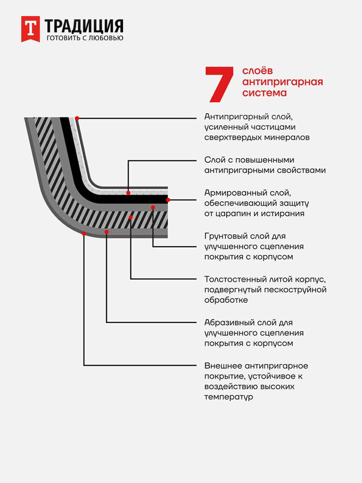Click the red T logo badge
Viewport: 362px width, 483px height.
pos(31,29)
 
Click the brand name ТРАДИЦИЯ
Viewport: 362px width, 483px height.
pos(84,27)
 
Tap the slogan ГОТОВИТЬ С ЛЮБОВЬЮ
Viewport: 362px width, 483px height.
pos(85,38)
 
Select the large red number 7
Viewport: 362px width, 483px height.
pos(219,85)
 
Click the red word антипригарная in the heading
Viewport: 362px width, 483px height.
pos(283,82)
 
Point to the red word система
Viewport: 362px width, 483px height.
pos(264,93)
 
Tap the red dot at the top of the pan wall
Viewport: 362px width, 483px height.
pos(77,118)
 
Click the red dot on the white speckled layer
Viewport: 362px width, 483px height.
pos(128,193)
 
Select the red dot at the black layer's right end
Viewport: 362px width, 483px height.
pos(168,200)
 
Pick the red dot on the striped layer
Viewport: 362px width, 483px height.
pos(131,217)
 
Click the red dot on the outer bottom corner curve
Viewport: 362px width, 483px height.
pos(84,234)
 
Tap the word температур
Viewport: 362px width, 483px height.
pos(228,397)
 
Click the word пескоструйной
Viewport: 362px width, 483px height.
pos(295,290)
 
